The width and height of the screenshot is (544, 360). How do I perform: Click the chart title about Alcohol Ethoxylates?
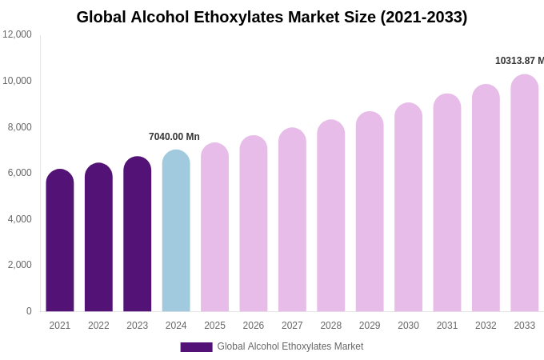click(x=272, y=17)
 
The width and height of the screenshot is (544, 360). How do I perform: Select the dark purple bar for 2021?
click(x=60, y=240)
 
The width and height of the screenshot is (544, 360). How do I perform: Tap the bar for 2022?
click(x=98, y=237)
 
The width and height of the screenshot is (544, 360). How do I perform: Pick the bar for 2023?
click(x=138, y=234)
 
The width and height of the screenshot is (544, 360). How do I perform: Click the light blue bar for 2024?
click(x=176, y=230)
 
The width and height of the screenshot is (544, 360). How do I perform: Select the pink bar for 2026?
click(x=254, y=223)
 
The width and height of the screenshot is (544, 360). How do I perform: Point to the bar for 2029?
click(x=370, y=211)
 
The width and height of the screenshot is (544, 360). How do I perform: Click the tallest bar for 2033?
click(x=524, y=193)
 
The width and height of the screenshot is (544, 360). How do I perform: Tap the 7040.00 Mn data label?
click(x=174, y=137)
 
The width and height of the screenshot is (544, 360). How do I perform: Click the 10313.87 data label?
click(x=519, y=61)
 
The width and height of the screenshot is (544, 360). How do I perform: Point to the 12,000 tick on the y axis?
click(x=17, y=34)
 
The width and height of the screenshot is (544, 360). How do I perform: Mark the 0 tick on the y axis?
click(x=29, y=311)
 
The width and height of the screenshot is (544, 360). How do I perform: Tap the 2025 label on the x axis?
click(x=214, y=326)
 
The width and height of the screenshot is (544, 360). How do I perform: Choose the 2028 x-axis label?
click(x=330, y=326)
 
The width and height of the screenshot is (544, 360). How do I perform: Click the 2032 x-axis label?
click(x=486, y=326)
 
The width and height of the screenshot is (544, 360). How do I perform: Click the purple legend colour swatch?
click(x=196, y=347)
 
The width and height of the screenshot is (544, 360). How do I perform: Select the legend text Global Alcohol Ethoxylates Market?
click(x=290, y=346)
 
